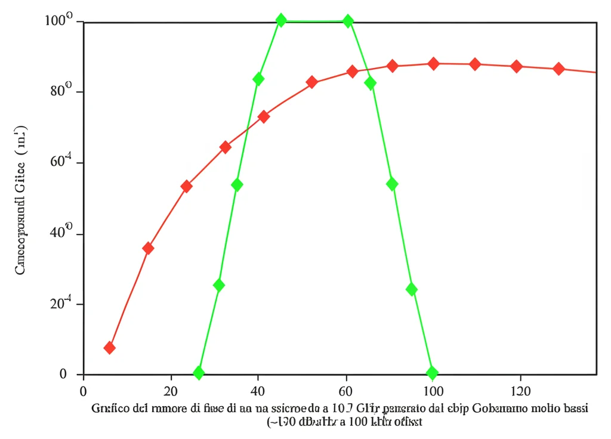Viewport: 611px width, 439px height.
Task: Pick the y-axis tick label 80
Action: [x=59, y=92]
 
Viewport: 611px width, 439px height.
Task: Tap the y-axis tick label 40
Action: [x=59, y=234]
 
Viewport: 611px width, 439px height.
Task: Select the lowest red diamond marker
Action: [x=110, y=348]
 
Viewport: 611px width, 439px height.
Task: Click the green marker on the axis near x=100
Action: [x=432, y=373]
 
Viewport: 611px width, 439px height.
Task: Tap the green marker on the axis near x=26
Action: [x=199, y=373]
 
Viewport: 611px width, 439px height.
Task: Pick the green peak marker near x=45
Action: [x=281, y=20]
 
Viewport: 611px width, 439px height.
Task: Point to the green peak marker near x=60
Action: [x=348, y=21]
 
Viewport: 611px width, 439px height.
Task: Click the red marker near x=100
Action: [x=434, y=64]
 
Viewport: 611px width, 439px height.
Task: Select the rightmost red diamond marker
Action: [x=558, y=69]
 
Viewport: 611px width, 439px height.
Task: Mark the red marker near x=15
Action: [x=148, y=248]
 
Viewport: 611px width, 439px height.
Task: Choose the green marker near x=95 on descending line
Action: [x=411, y=289]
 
